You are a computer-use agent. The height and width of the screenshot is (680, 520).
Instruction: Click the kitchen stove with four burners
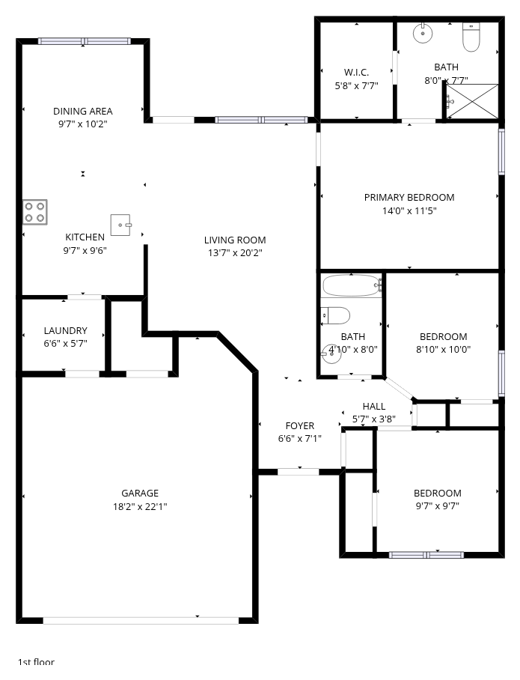tap(34, 212)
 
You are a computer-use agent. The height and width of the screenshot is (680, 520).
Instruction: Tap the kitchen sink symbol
tap(120, 225)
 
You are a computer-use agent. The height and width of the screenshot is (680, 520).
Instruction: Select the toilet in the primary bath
tap(471, 37)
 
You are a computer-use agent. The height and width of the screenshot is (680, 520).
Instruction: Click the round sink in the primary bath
tap(423, 33)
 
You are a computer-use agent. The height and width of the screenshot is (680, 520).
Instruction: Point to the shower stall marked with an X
tap(472, 101)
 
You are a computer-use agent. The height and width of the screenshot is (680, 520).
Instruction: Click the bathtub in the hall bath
tap(352, 285)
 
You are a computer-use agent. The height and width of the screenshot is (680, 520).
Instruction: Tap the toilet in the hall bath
tap(335, 316)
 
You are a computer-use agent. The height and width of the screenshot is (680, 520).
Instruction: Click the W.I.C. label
tap(356, 73)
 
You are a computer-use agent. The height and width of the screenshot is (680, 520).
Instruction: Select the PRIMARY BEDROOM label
tap(409, 197)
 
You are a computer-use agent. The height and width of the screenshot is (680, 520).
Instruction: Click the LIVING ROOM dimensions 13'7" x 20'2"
tap(235, 253)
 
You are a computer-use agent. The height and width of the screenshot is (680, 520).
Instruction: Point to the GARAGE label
tap(139, 493)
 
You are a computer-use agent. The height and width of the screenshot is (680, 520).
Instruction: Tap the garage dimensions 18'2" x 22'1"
tap(140, 506)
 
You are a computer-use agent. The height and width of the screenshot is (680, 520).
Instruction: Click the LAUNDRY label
tap(65, 330)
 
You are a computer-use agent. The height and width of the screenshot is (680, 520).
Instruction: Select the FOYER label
tap(300, 426)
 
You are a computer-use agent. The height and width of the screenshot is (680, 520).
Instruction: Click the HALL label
tap(374, 407)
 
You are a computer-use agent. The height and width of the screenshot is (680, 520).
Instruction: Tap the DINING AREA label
tap(83, 111)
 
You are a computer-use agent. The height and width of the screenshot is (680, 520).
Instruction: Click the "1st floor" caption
tap(36, 662)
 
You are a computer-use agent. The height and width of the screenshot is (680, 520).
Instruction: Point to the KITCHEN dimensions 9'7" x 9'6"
tap(85, 251)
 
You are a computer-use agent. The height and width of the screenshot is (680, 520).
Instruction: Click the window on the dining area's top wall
tap(84, 41)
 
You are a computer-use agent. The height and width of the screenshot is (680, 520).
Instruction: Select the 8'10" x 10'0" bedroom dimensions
tap(443, 350)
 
